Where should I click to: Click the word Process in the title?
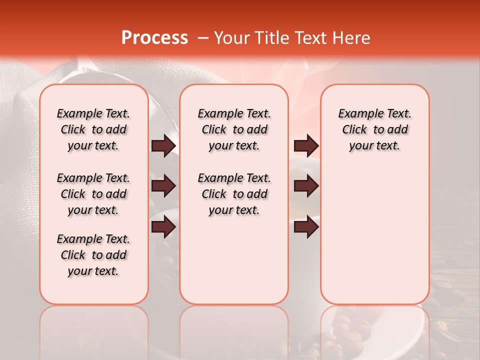point(154,38)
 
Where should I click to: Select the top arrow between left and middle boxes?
point(163,145)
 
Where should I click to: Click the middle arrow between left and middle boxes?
point(163,186)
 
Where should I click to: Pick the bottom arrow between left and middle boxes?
point(163,227)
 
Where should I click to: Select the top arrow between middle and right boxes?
point(306,145)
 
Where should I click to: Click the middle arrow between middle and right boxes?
point(306,186)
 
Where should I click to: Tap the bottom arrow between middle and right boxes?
point(306,227)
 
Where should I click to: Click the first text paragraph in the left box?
point(93,129)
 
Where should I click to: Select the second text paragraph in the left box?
point(93,194)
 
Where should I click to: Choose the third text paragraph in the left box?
point(93,255)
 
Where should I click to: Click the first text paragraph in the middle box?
point(234,129)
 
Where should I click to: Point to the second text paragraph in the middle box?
point(234,194)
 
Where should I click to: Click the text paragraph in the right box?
point(374,129)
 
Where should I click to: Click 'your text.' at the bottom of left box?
point(93,271)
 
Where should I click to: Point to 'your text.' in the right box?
point(374,146)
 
